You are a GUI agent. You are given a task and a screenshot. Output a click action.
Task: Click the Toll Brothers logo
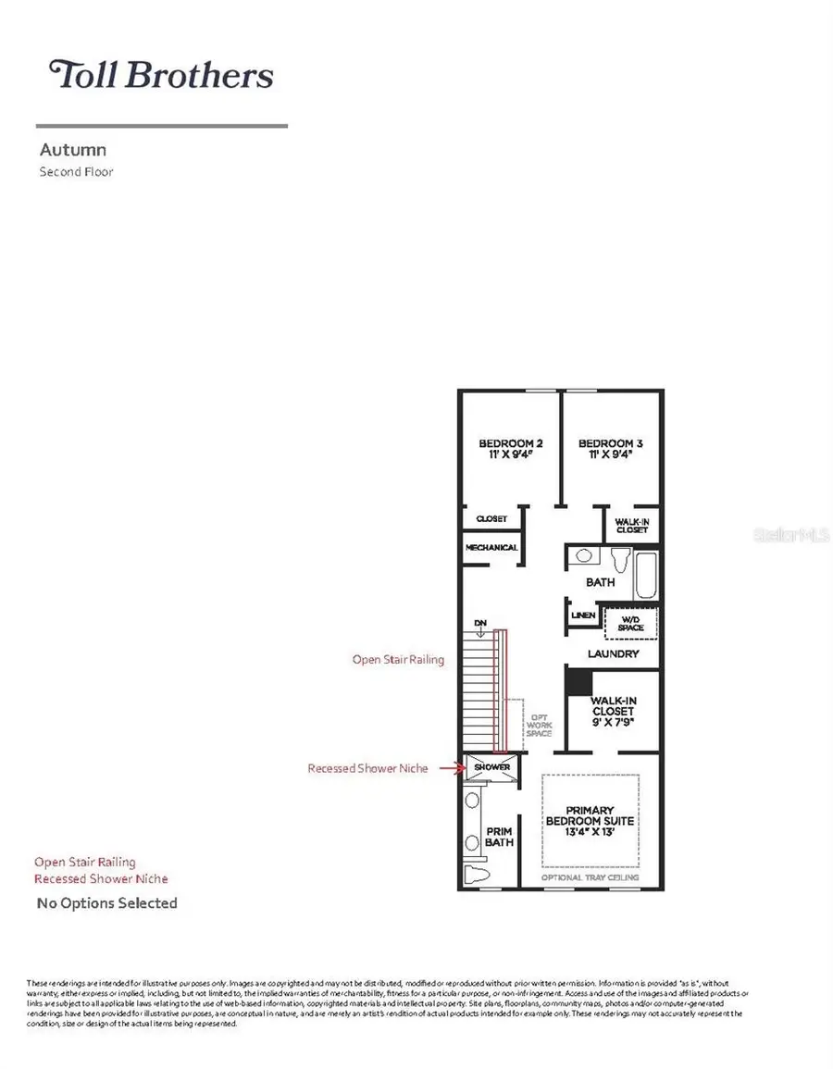(162, 75)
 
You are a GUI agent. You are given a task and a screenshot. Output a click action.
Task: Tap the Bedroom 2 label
(504, 443)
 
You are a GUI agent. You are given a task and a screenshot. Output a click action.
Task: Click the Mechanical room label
(492, 548)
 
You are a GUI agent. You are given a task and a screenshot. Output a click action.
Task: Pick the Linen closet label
(583, 615)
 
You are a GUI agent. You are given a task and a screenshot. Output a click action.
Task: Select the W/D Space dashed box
(630, 623)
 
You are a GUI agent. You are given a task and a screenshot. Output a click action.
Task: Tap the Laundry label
(614, 654)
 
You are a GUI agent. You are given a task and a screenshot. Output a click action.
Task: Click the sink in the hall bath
(584, 557)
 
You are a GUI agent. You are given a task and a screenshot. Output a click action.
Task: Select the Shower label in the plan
(492, 767)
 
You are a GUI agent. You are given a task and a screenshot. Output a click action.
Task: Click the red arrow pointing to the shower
(451, 768)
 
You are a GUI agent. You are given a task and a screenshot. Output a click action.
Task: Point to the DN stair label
(480, 622)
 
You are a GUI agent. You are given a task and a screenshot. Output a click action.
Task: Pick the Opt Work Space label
(539, 726)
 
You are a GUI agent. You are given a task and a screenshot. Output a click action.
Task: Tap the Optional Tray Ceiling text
(591, 877)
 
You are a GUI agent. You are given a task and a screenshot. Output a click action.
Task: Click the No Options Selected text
(106, 902)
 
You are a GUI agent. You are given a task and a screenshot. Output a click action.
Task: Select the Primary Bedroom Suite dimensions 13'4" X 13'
(591, 832)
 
